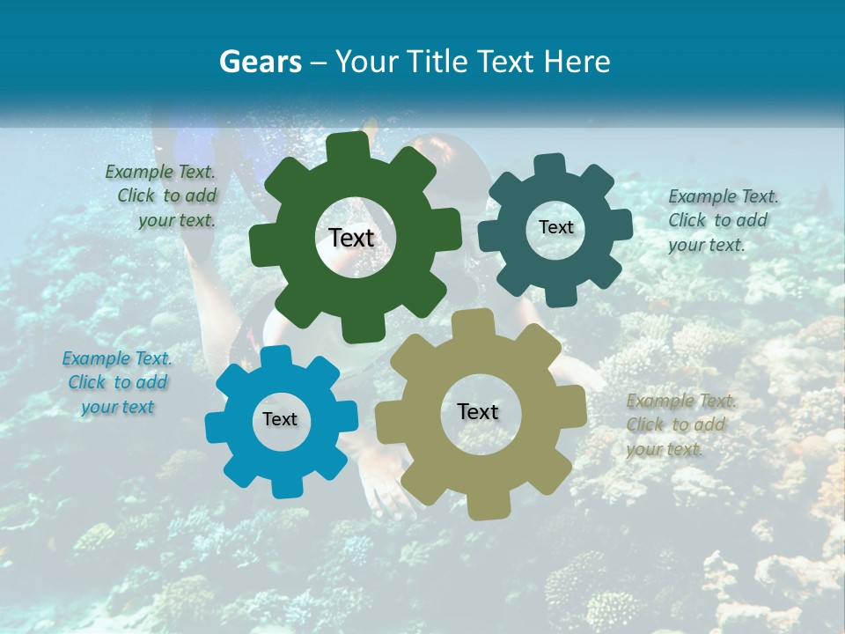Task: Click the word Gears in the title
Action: [x=260, y=62]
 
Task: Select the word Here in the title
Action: [x=577, y=62]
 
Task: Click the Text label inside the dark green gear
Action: [x=352, y=238]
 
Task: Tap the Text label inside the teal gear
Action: [x=555, y=227]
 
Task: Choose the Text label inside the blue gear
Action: [x=280, y=419]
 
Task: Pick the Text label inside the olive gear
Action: [x=478, y=411]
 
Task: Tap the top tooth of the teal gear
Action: [x=550, y=165]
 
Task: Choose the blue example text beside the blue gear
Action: [x=117, y=382]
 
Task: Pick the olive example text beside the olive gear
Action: [x=679, y=424]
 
